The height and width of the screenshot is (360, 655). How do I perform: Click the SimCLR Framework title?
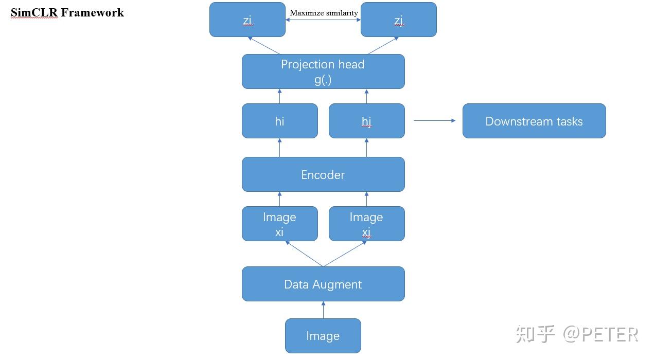coord(67,13)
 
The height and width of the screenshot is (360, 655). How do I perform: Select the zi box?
coord(247,20)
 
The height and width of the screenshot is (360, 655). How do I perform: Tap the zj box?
coord(398,20)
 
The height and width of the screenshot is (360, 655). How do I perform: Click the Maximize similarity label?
coord(324,13)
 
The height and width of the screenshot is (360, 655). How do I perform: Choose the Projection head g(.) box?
coord(323,71)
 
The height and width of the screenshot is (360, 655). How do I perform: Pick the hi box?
coord(279,121)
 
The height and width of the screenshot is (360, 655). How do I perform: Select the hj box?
coord(366,121)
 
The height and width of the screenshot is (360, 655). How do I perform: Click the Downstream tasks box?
coord(534,121)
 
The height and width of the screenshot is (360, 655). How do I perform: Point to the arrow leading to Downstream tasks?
coord(434,121)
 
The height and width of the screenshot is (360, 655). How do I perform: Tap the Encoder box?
coord(323,174)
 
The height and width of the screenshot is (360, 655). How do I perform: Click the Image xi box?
coord(279,224)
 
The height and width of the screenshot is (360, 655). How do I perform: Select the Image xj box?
coord(366,224)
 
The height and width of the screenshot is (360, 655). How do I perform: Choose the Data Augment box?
coord(323,284)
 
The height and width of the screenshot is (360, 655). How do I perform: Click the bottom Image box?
coord(323,336)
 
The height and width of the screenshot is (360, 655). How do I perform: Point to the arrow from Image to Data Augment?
coord(323,310)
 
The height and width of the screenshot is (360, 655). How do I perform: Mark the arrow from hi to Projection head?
coord(279,96)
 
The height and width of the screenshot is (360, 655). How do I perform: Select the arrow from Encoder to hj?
coord(366,148)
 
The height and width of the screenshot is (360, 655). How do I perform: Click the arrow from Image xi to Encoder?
coord(279,199)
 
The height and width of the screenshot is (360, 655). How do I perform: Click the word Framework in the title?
coord(93,13)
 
